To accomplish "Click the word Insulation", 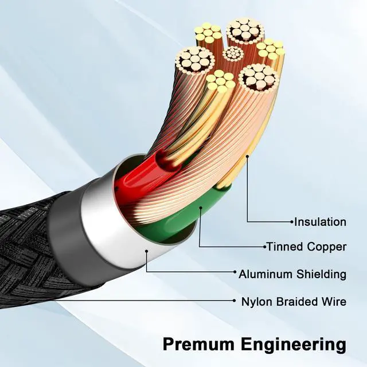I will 321,222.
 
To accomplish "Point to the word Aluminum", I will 266,274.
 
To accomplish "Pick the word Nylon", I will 256,301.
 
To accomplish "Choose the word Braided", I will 296,301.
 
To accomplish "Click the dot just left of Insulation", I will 291,222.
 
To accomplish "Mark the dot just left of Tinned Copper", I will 264,247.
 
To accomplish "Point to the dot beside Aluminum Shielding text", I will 235,273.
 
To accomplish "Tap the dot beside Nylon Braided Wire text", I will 235,300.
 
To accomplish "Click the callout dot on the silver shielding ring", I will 147,251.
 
